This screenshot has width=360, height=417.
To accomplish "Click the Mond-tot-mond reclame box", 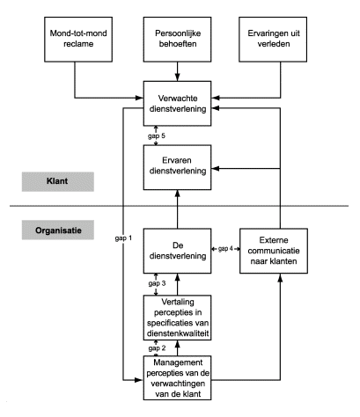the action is click(78, 40).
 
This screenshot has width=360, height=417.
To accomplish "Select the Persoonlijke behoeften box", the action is click(177, 40).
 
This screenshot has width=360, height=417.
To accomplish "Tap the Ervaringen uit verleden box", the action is click(273, 40).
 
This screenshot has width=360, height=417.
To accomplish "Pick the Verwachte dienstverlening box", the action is click(177, 104).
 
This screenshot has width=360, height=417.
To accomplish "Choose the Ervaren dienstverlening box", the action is click(177, 167).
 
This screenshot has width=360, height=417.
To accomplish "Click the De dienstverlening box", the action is click(177, 251).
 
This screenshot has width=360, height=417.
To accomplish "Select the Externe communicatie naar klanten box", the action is click(274, 251).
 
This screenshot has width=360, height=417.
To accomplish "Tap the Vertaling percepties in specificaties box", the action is click(177, 318).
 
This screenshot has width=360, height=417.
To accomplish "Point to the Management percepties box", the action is click(177, 378).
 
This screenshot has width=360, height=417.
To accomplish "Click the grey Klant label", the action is click(58, 182).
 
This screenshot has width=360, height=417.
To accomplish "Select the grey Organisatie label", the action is click(58, 230).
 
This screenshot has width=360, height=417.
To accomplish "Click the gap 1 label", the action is click(123, 238).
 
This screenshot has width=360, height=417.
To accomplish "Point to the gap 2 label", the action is click(157, 348).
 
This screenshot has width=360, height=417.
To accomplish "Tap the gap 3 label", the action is click(157, 283).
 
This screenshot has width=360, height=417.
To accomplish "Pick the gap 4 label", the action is click(225, 249).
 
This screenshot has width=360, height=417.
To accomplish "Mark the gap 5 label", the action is click(157, 135).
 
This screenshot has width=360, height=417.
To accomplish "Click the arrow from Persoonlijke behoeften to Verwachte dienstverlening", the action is click(177, 71).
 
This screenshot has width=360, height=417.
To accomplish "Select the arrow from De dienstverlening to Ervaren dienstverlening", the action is click(177, 209).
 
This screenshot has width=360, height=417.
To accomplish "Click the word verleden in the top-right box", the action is click(274, 44).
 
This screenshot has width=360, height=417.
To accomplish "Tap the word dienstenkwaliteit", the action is click(178, 333).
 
